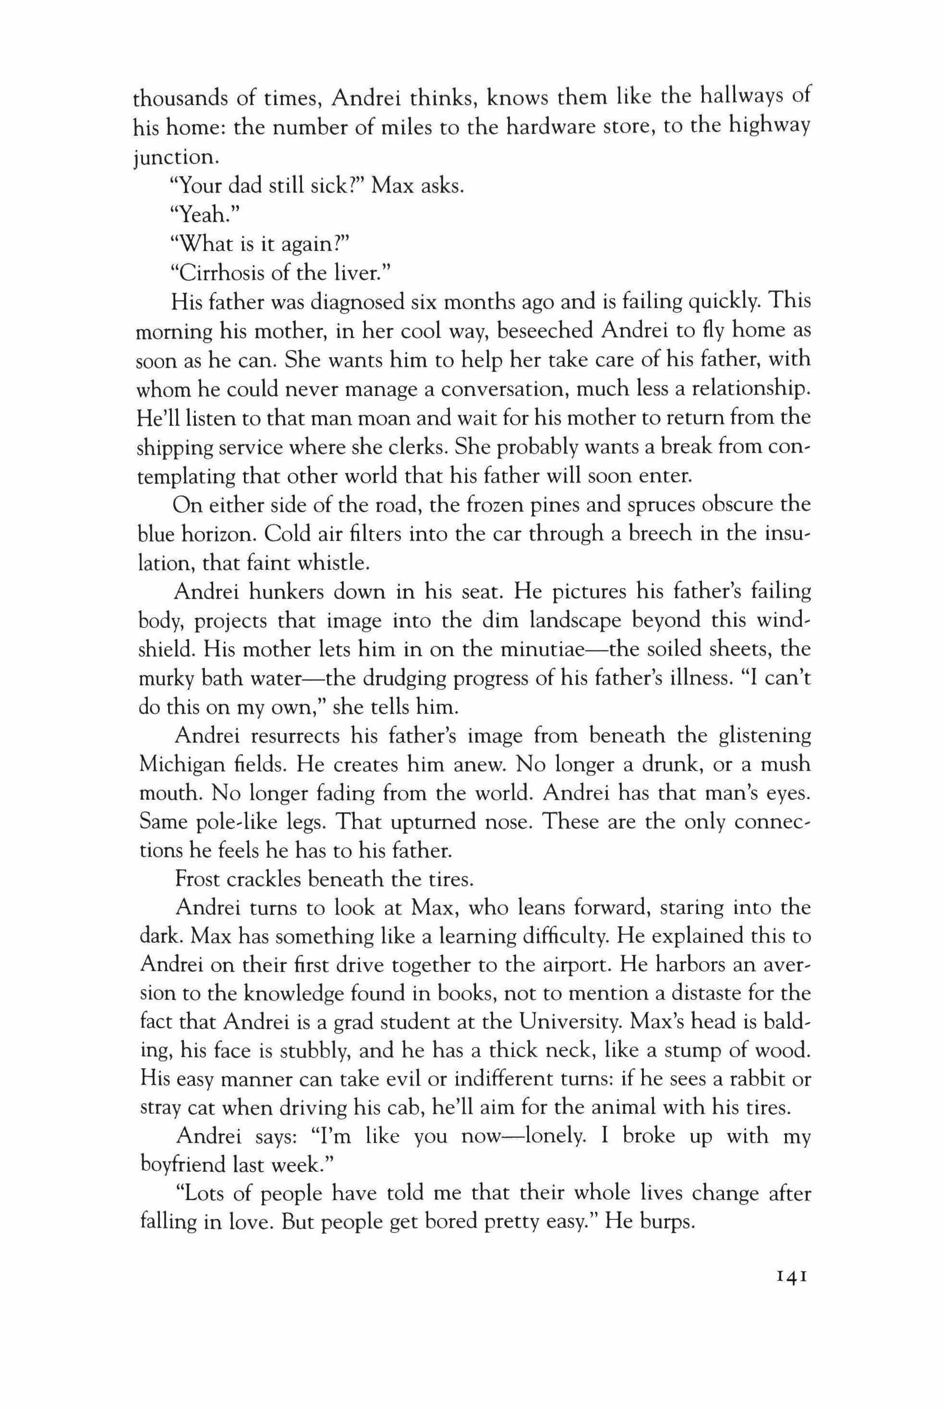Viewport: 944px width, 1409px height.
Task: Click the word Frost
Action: [x=197, y=880]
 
